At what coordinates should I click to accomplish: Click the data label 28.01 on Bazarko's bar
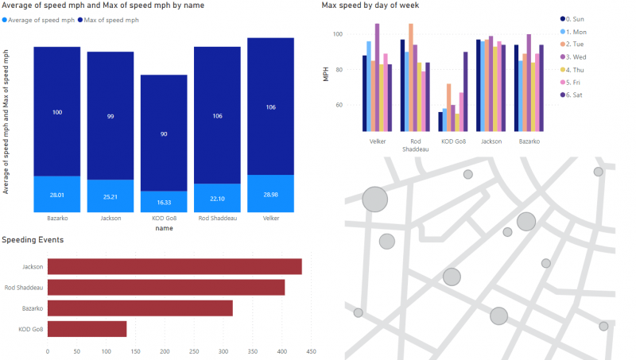click(56, 194)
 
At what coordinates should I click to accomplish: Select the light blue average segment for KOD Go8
click(164, 202)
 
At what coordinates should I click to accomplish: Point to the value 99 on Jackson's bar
click(111, 116)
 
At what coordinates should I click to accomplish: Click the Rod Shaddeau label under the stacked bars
click(217, 218)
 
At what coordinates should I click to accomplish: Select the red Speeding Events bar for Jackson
click(174, 266)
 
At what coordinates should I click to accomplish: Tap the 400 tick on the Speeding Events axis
click(282, 350)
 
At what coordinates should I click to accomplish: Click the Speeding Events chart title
click(33, 239)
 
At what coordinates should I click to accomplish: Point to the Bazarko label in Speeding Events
click(33, 308)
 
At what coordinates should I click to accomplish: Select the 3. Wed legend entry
click(585, 56)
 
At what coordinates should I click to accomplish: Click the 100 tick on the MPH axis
click(337, 34)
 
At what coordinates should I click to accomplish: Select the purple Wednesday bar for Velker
click(377, 77)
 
